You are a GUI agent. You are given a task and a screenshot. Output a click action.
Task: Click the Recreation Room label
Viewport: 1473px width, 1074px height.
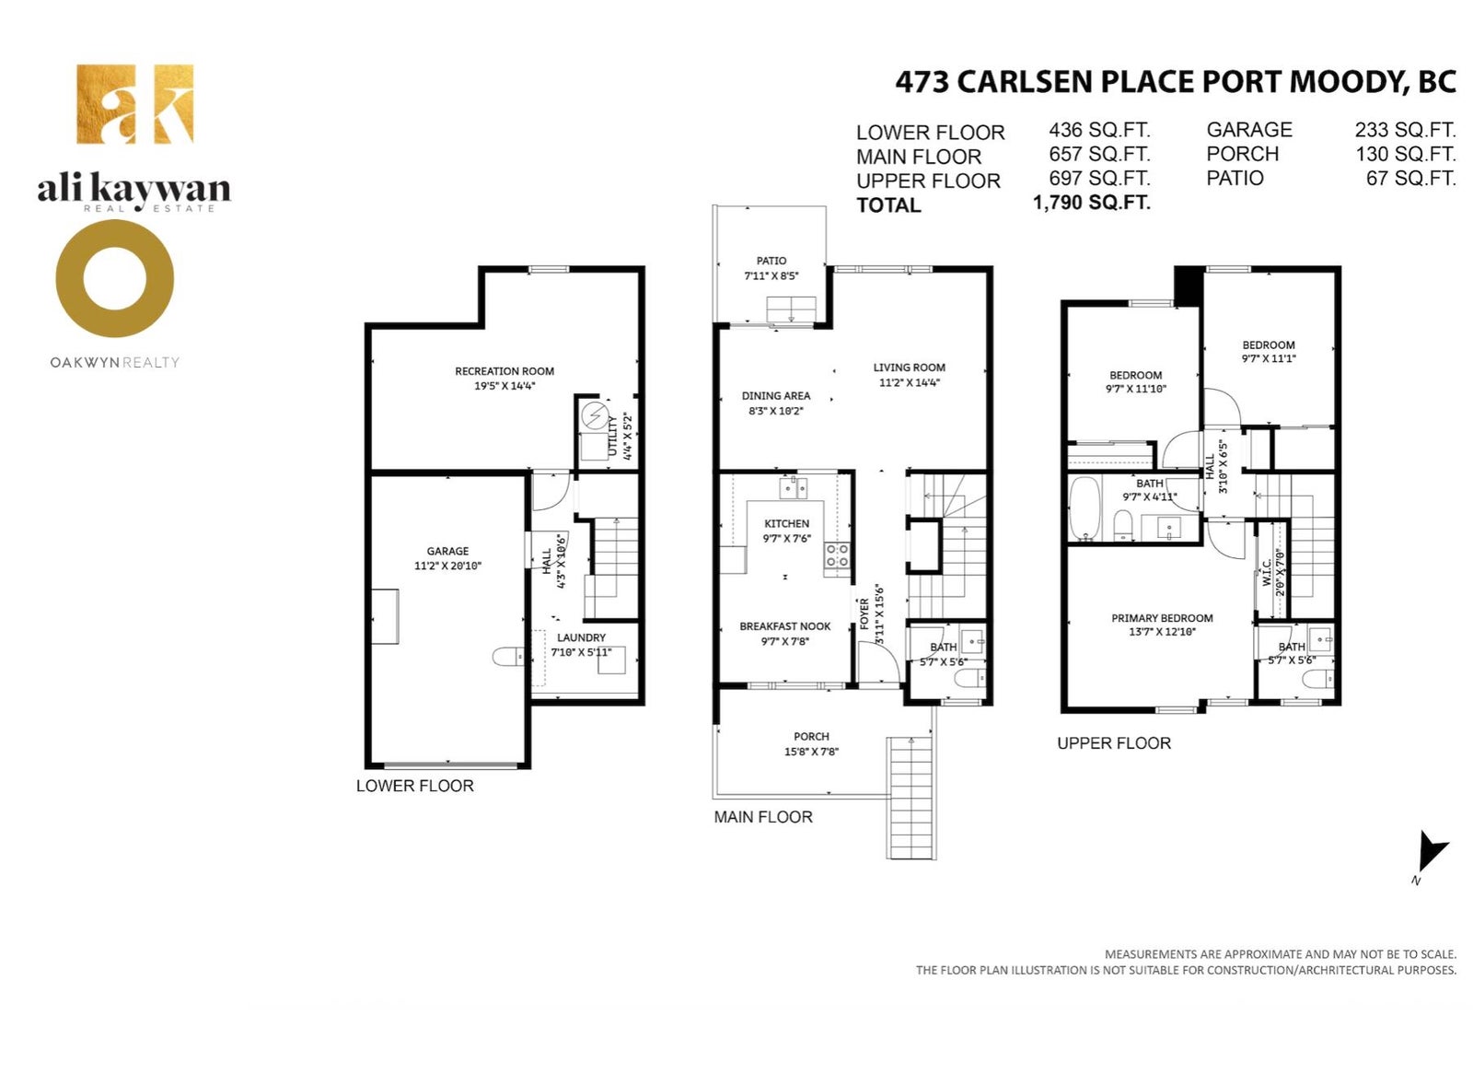coord(505,371)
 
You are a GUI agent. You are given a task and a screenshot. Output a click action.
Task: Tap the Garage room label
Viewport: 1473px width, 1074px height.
coord(447,552)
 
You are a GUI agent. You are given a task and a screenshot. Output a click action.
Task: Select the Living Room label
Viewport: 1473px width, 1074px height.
coord(910,368)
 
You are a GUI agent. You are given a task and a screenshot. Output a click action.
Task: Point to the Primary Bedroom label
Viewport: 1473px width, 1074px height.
coord(1162,619)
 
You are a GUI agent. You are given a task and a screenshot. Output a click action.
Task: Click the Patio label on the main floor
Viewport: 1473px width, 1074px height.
coord(771,262)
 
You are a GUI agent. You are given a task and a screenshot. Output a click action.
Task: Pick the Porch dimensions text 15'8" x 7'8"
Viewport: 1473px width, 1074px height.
coord(811,752)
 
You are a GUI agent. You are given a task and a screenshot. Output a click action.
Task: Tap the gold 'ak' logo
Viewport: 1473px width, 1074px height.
coord(134,104)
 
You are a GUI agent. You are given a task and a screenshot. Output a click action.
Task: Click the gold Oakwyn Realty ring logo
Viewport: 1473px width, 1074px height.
coord(114,278)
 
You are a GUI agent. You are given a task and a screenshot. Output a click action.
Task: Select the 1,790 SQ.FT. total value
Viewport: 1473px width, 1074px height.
coord(1092,203)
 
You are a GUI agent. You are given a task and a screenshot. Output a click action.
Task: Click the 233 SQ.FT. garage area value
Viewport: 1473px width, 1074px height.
coord(1405,130)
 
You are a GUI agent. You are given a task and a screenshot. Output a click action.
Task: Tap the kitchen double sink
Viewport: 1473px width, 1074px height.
coord(794,489)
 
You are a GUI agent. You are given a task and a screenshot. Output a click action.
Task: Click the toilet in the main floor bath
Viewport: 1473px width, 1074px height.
coord(970,677)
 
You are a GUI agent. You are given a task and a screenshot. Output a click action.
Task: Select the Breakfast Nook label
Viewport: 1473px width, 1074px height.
coord(785,626)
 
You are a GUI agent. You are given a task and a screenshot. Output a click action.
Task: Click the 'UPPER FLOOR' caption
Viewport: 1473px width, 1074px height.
coord(1114,743)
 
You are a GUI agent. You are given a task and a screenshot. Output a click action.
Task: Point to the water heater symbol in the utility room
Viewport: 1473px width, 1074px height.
coord(596,416)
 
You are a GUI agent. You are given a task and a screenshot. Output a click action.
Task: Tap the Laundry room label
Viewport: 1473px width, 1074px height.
coord(581,637)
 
